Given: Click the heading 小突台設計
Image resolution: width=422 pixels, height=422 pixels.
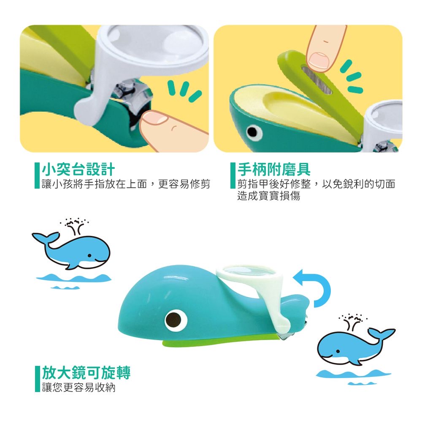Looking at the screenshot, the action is click(x=78, y=169).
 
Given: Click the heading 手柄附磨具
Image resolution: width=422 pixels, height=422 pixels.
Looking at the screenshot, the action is click(x=274, y=169).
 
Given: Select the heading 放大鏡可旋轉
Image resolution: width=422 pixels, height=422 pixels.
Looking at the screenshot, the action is click(x=86, y=373).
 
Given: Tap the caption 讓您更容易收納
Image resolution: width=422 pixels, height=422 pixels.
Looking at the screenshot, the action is click(x=78, y=387).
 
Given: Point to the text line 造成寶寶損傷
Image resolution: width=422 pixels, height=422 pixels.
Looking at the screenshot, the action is click(x=268, y=196).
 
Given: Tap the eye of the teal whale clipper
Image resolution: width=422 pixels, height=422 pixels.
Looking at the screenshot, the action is click(x=176, y=320).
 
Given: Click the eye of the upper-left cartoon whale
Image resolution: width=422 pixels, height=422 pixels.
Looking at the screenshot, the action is click(x=89, y=256).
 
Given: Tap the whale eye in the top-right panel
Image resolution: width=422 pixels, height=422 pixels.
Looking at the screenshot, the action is click(x=253, y=132).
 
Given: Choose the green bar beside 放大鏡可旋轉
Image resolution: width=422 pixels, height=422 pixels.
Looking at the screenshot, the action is click(x=38, y=379).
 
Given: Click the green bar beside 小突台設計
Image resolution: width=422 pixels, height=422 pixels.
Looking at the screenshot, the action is click(x=37, y=176).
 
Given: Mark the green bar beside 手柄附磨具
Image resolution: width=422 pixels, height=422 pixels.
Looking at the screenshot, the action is click(x=233, y=176).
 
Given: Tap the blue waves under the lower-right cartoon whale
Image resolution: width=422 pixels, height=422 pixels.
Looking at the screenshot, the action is click(x=353, y=376).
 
